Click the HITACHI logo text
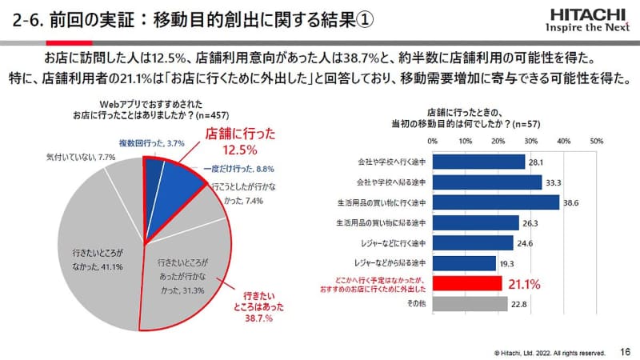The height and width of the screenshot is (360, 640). [x=588, y=14]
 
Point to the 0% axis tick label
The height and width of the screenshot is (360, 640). [x=433, y=141]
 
